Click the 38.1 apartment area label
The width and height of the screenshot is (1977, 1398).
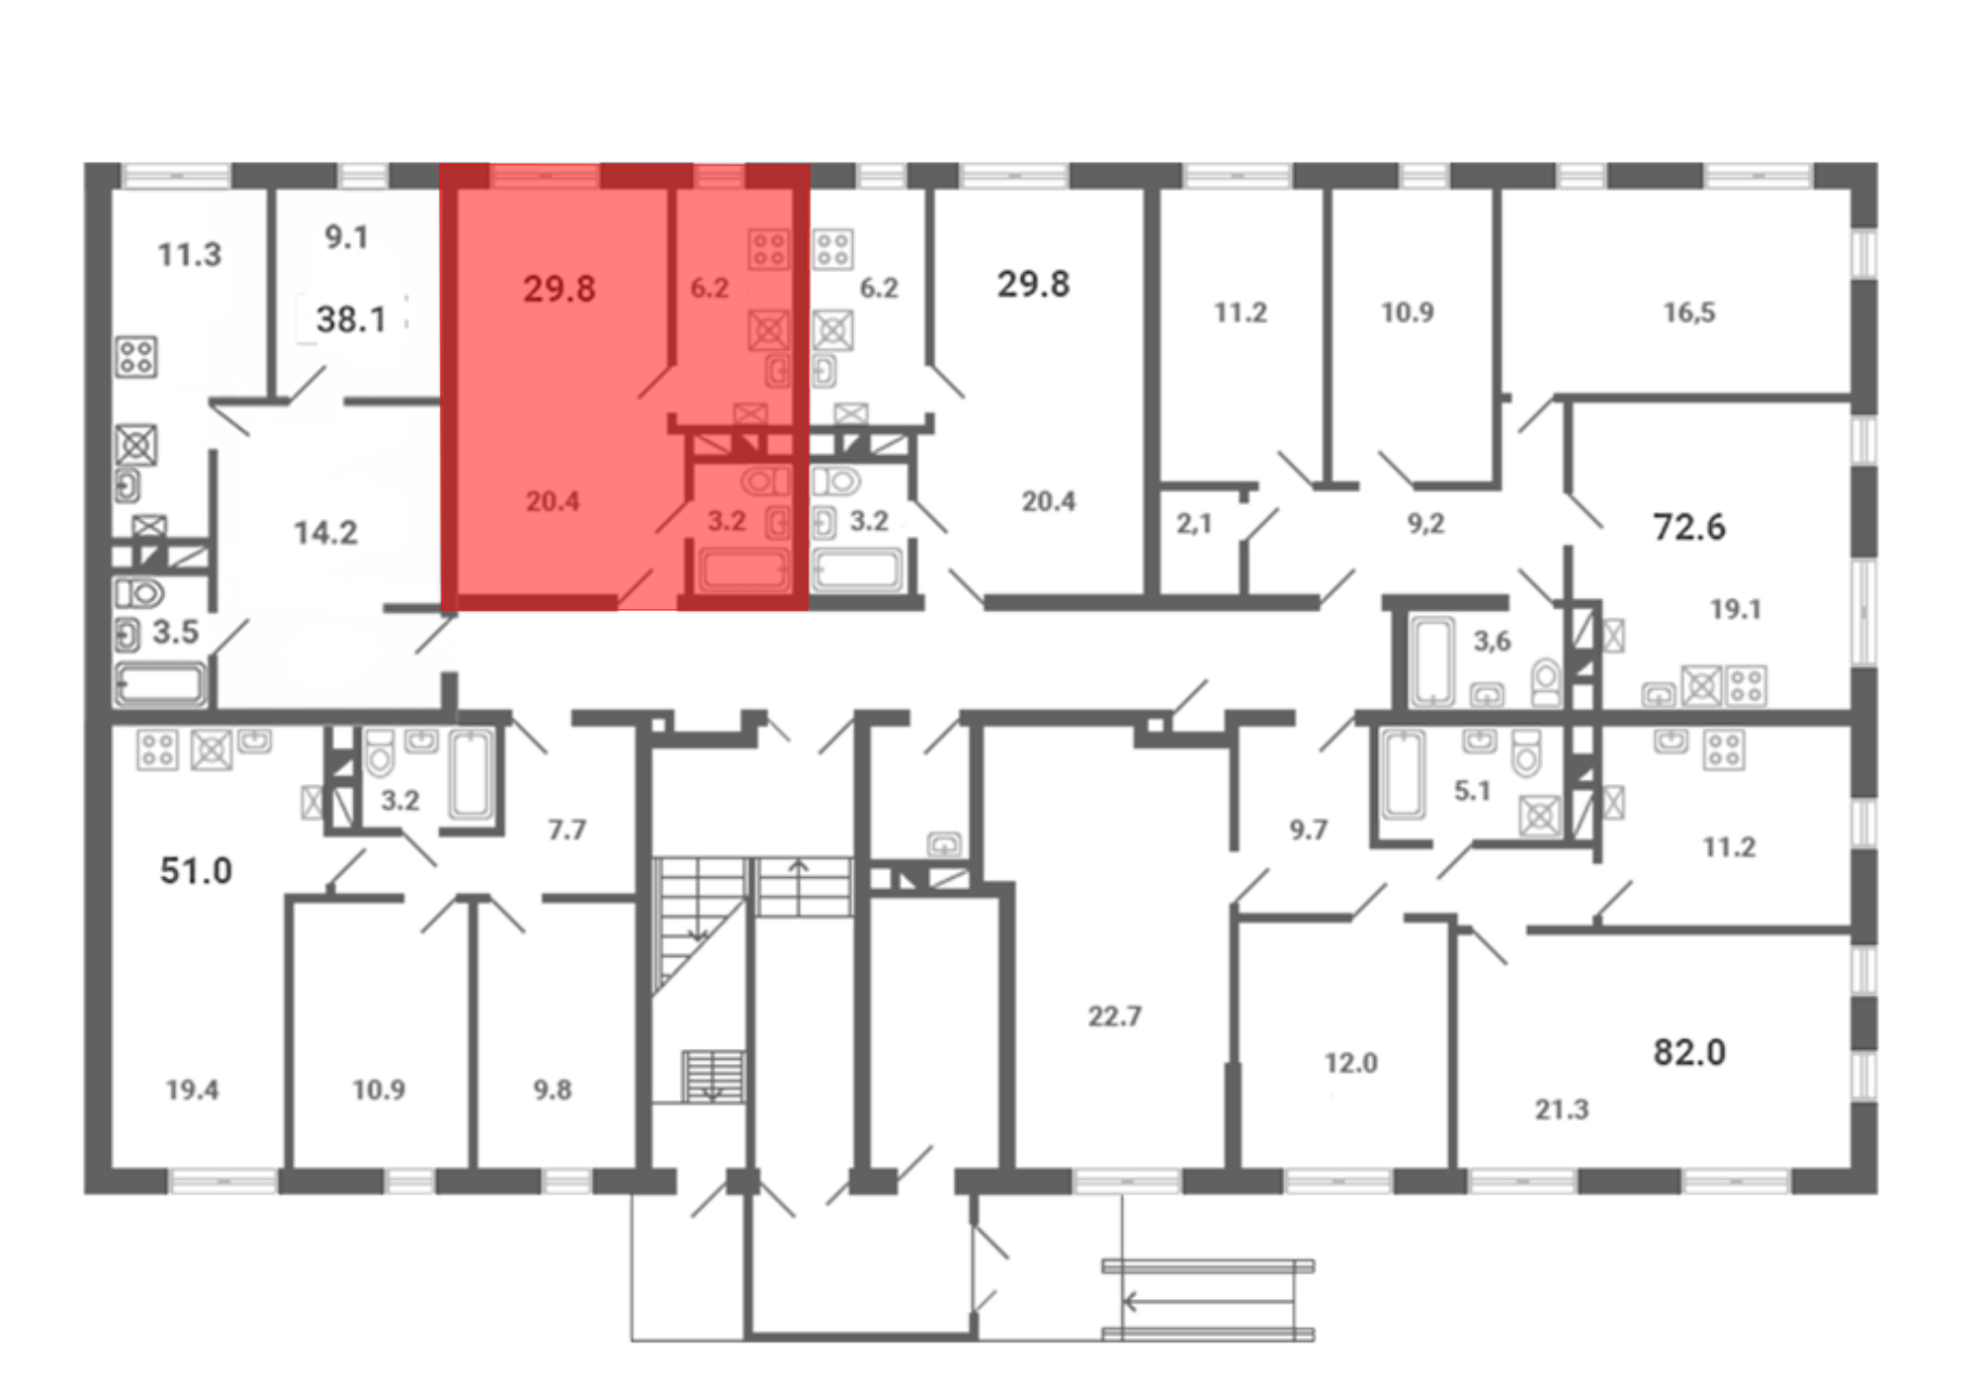point(351,319)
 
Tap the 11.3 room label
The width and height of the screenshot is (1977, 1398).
point(190,255)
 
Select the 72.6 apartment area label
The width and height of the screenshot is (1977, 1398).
point(1689,527)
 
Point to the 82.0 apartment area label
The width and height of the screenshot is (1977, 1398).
point(1689,1052)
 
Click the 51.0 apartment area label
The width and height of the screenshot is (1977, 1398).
point(196,871)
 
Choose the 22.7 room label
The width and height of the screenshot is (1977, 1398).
point(1115,1016)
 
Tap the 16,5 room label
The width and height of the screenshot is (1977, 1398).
point(1689,312)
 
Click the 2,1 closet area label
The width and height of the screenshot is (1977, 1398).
point(1194,523)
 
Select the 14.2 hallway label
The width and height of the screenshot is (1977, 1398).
point(325,533)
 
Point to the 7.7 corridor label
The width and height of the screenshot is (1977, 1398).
point(567,830)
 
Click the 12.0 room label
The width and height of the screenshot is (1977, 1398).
point(1351,1063)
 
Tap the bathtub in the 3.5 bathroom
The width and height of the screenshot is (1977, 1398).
point(160,684)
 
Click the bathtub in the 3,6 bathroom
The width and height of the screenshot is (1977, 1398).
point(1432,660)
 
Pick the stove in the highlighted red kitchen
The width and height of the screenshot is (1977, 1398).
point(768,249)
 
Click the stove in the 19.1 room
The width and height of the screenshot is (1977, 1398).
point(1747,685)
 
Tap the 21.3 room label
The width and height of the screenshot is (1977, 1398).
point(1562,1110)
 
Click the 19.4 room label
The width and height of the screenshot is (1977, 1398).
point(193,1090)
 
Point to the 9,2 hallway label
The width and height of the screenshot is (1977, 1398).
point(1426,523)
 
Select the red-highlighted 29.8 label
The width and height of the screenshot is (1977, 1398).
point(559,289)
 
